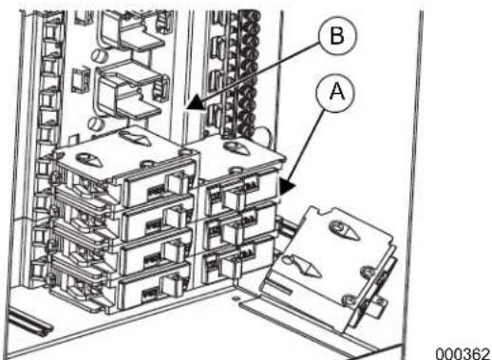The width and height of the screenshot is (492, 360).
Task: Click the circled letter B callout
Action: coord(337,36)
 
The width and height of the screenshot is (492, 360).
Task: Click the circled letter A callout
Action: coord(335,92)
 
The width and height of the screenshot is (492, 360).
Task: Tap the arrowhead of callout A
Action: coord(287,186)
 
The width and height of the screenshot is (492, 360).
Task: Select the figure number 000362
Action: coord(463,353)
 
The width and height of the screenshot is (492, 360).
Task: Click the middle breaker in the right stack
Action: coord(239,226)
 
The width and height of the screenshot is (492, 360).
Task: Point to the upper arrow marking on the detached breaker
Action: coord(345,231)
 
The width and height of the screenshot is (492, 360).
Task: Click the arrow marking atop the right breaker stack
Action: coord(237,148)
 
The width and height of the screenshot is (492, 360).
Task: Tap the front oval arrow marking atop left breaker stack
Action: coord(89,160)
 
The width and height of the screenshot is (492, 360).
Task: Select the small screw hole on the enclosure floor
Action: coord(235,298)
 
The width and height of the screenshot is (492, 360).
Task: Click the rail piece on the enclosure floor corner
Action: coord(29,320)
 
